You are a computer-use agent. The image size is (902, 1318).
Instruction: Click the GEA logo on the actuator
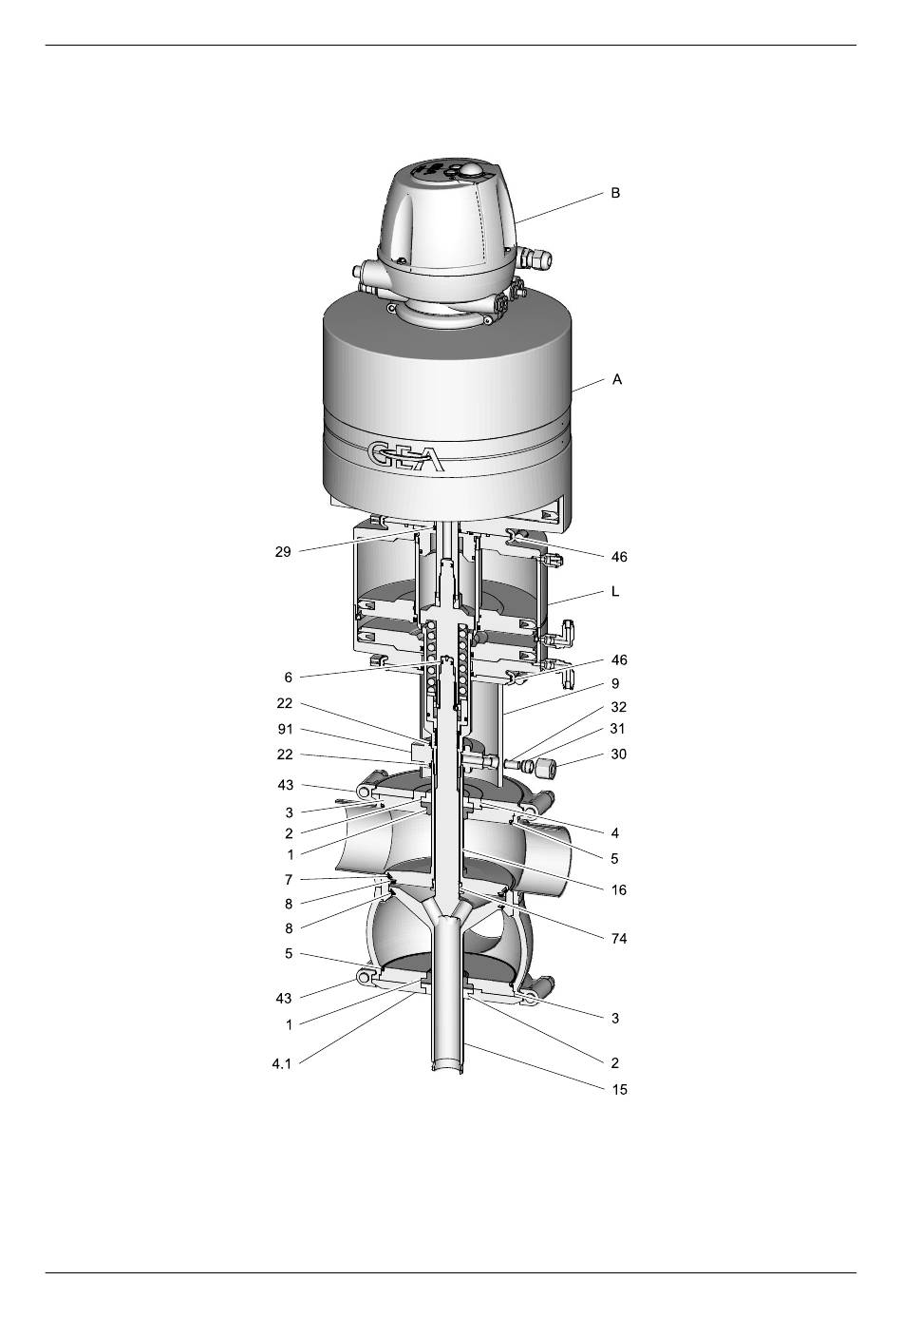point(405,456)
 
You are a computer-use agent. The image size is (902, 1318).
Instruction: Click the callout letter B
point(615,193)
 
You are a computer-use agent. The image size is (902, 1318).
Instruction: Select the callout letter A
point(617,379)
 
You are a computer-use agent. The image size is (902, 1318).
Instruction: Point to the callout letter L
point(615,591)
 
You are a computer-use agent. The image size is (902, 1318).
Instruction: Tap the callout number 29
point(283,552)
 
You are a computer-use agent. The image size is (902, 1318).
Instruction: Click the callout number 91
point(285,729)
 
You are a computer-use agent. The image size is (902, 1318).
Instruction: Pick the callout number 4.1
point(282,1064)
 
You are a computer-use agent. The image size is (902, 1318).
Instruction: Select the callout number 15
point(620,1090)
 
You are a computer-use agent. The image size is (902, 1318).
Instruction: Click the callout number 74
point(619,939)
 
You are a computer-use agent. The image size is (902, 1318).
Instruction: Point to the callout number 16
point(619,890)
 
